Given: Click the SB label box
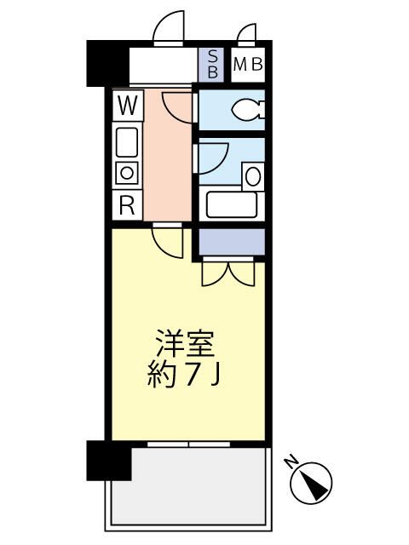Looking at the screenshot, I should click(x=212, y=64).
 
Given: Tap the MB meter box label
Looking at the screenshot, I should click(x=247, y=64).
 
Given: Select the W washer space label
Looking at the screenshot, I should click(x=127, y=106).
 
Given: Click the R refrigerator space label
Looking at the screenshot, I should click(x=127, y=204).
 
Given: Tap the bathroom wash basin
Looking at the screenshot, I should click(x=252, y=176).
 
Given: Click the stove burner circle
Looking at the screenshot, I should click(x=127, y=172).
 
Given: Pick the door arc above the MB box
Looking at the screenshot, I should click(x=248, y=34).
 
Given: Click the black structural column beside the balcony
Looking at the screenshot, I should click(x=109, y=461).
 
